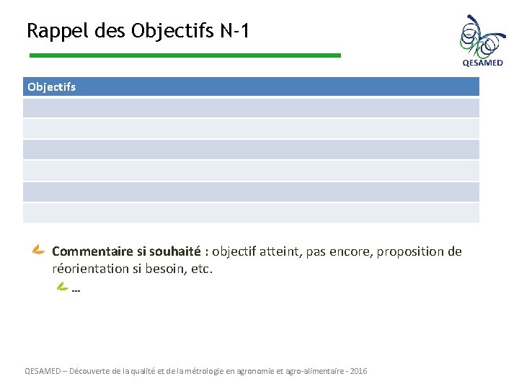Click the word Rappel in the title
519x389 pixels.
50,32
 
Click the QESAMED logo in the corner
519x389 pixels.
482,41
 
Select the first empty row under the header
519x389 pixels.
251,108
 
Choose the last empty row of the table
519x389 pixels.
251,213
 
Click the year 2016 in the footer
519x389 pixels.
358,371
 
